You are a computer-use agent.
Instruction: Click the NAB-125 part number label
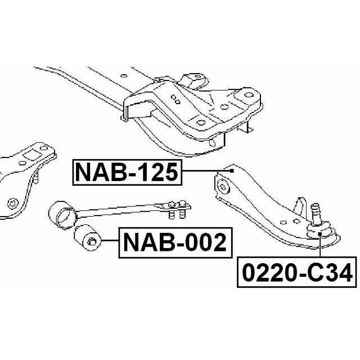[x=127, y=172]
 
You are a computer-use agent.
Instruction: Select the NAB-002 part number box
[x=175, y=242]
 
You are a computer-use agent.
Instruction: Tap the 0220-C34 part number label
[x=297, y=272]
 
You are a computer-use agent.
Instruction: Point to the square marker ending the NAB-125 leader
[x=232, y=171]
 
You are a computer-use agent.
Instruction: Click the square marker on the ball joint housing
[x=319, y=234]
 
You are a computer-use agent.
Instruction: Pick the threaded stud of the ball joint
[x=316, y=213]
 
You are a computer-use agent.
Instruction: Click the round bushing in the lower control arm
[x=223, y=186]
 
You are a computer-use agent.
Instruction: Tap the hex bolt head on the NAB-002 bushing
[x=91, y=241]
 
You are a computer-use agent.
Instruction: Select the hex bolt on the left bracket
[x=12, y=204]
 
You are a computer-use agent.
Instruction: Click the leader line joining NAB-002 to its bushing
[x=110, y=240]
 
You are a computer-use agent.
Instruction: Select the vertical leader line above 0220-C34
[x=319, y=246]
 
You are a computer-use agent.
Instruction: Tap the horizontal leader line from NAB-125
[x=206, y=171]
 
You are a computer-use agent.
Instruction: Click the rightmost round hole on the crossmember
[x=248, y=95]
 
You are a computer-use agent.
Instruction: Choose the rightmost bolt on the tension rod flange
[x=183, y=210]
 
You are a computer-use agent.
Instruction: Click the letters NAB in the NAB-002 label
[x=152, y=242]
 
